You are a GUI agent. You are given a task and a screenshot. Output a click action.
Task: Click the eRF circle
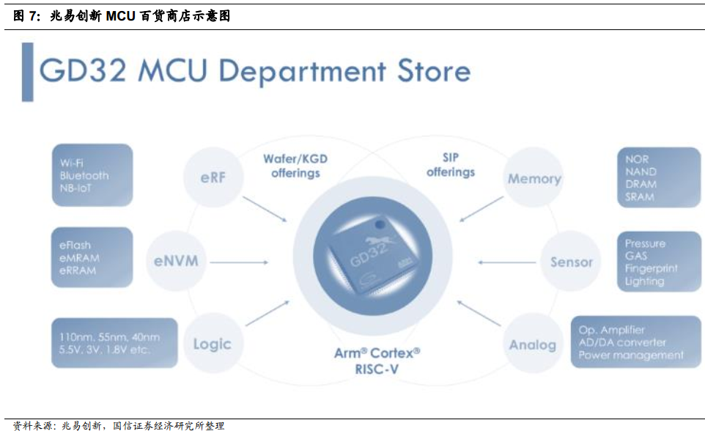pos(213,176)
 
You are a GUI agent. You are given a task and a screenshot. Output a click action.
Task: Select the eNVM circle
pos(176,260)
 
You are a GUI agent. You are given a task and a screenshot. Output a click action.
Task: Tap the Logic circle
pos(213,344)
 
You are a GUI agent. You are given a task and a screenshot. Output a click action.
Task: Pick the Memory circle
pos(534,179)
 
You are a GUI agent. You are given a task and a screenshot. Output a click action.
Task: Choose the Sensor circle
pos(572,262)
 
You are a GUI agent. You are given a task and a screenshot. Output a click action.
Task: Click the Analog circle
pos(533,345)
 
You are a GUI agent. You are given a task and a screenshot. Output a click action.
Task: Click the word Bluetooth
pos(84,176)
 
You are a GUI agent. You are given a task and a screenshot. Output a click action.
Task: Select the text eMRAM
pos(79,258)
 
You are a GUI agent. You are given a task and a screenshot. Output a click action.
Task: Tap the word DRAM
pos(641,184)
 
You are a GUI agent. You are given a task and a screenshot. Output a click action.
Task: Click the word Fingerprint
pos(652,269)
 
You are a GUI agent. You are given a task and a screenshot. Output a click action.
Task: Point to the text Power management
pos(631,356)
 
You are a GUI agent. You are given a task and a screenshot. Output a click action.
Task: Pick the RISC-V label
pos(377,370)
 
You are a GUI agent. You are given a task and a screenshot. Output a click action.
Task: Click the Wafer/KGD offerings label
pos(296,166)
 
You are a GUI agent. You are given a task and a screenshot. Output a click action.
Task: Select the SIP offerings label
pos(451,165)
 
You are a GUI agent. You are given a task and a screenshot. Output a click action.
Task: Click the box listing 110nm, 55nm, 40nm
pos(114,342)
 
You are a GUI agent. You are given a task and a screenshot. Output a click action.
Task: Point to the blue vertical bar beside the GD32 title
pos(27,72)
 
